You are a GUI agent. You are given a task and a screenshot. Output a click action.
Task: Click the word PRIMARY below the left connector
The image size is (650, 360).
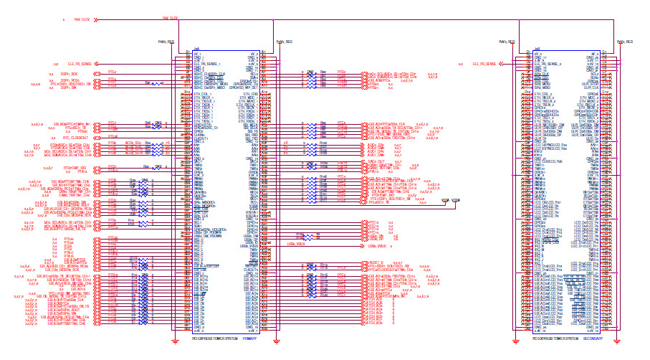(x=249, y=338)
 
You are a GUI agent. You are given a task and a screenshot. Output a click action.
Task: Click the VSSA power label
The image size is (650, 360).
(x=445, y=200)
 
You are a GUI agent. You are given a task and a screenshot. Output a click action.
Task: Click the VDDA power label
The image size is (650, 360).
(x=457, y=200)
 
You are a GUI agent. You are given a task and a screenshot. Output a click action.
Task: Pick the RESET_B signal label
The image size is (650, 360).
(x=376, y=262)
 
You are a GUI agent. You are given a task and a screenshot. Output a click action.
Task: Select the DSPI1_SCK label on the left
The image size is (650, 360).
(x=70, y=73)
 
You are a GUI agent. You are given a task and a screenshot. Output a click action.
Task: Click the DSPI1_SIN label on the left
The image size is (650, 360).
(x=68, y=88)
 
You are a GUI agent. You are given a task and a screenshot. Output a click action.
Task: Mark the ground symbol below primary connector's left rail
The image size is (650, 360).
(x=176, y=341)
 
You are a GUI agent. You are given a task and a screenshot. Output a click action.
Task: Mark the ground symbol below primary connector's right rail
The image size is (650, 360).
(x=277, y=341)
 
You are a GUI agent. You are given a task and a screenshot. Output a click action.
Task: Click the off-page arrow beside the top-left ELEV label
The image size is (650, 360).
(x=96, y=20)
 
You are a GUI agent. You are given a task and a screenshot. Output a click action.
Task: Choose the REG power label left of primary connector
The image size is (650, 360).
(x=165, y=42)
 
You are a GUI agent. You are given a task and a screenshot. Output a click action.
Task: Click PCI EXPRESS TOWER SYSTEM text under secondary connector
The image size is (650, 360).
(x=555, y=338)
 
